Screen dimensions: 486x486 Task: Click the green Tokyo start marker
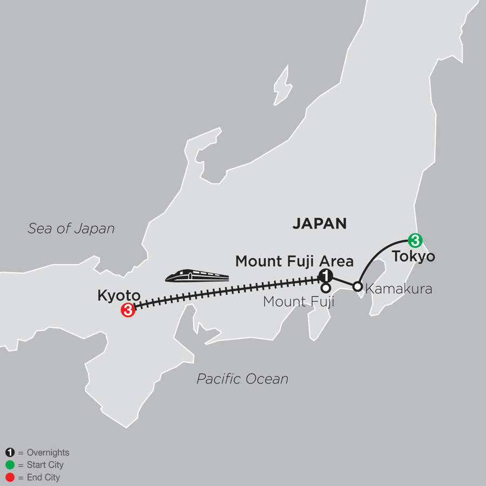point(414,239)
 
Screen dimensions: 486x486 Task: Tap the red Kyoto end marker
point(127,310)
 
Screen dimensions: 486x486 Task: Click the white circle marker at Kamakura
point(357,286)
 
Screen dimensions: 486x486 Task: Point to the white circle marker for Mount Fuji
point(326,288)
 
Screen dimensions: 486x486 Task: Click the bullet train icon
point(197,276)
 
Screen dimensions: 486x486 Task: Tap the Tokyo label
point(413,256)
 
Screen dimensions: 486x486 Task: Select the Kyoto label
point(119,295)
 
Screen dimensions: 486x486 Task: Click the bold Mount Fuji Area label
point(294,262)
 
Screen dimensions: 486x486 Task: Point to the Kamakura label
point(399,289)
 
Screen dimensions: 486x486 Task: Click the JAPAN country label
point(319,224)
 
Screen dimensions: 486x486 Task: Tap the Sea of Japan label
point(71,228)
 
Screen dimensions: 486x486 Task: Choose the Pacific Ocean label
point(242,379)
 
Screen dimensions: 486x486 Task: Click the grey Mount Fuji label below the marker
point(299,302)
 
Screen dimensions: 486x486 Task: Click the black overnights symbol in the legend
point(9,453)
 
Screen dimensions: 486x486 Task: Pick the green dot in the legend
point(9,465)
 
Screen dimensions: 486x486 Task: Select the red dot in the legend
point(9,477)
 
